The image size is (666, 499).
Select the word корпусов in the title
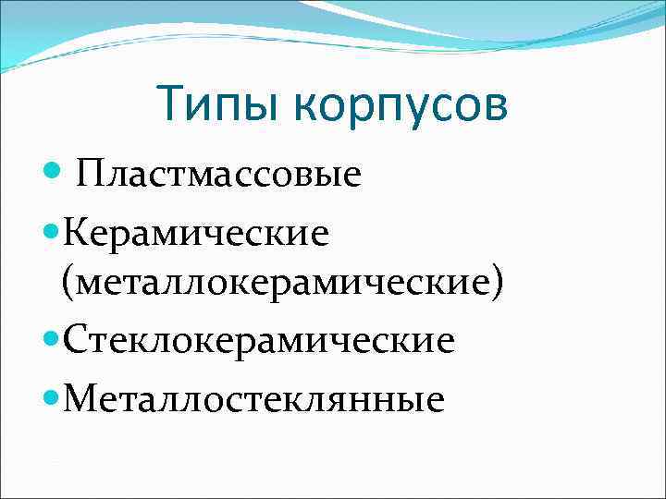coord(402,105)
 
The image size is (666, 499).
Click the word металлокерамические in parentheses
coord(283,283)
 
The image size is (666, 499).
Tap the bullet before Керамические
coord(52,230)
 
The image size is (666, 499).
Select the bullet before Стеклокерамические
coord(52,338)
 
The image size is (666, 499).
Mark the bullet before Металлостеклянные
coord(52,396)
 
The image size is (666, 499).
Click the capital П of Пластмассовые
coord(90,173)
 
